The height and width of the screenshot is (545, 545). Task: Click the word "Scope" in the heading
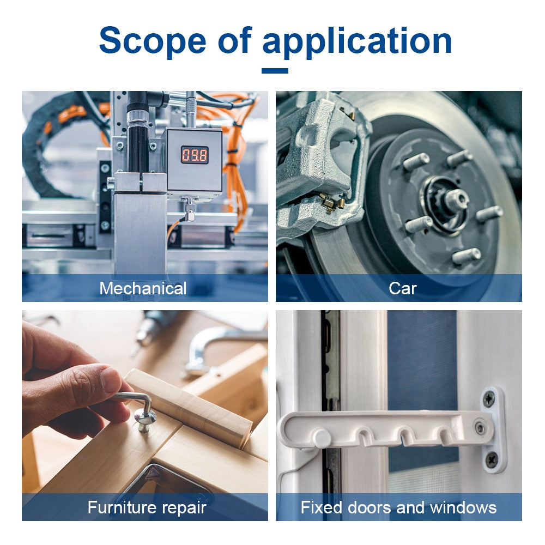coord(152,41)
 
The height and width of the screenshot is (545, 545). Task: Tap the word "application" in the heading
coord(357,43)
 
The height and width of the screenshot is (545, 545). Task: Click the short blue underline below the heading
coord(275,71)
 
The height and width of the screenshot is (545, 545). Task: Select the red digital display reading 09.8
coord(195,155)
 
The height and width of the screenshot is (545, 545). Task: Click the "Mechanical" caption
coord(143,288)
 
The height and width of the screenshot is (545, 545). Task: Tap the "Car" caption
coord(403,288)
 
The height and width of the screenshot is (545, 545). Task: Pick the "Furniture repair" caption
coord(147,507)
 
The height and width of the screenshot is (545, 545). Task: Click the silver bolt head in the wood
coord(146,418)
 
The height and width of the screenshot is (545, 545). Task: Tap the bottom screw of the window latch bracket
coord(492,460)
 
